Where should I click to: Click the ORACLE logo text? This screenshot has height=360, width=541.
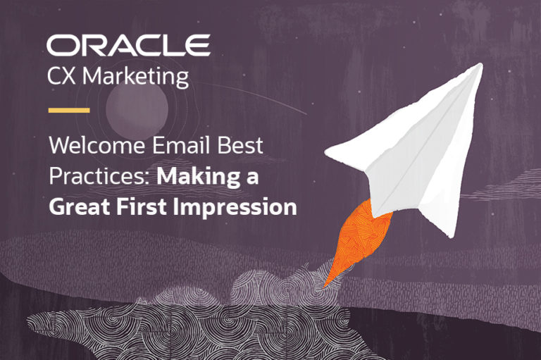pos(128,45)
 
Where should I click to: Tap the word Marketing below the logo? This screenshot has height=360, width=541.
pos(136,76)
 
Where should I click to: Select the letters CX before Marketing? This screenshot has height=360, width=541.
pos(63,76)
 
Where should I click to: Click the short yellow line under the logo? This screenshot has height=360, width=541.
pos(68,110)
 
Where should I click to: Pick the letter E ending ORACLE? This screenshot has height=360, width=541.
pos(199,45)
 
